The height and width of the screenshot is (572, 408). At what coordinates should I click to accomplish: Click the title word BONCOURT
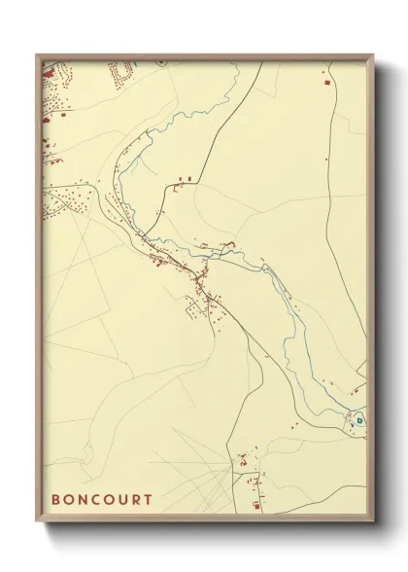click(x=101, y=500)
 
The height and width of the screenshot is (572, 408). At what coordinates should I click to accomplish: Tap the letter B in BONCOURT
click(x=55, y=500)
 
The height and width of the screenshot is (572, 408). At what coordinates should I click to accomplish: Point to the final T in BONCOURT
click(x=148, y=500)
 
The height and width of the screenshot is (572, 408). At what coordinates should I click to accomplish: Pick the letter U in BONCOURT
click(x=121, y=500)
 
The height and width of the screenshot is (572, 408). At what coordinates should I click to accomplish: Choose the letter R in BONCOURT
click(x=135, y=500)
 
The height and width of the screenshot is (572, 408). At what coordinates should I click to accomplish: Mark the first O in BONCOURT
click(x=68, y=500)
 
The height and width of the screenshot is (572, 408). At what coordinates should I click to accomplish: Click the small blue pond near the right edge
click(x=358, y=420)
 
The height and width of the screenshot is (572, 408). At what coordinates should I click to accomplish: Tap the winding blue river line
click(x=291, y=311)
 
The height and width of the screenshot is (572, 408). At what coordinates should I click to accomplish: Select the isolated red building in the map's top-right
click(x=325, y=86)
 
